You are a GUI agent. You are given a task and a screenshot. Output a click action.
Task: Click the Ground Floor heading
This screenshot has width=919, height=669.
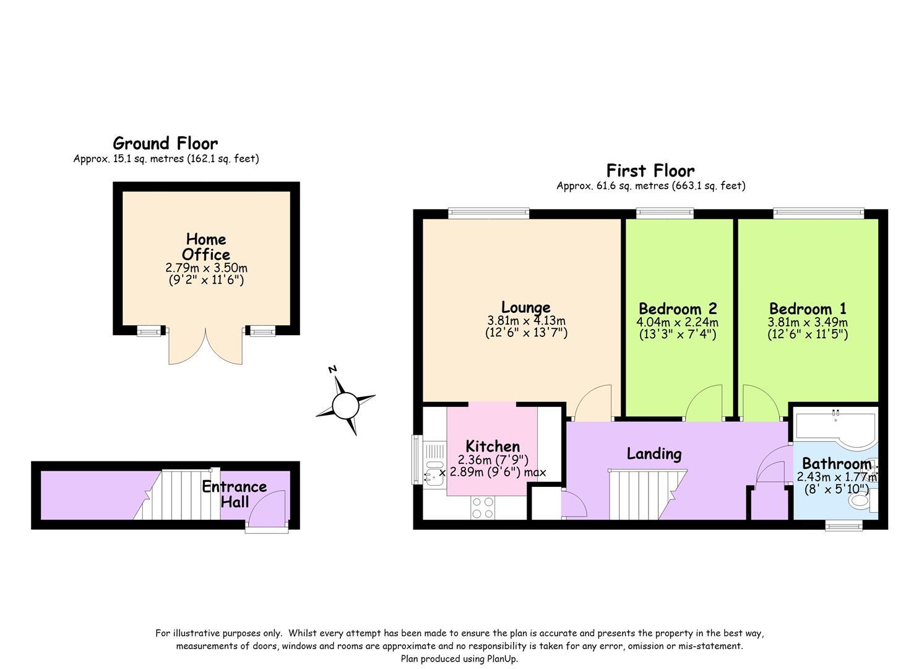click(165, 143)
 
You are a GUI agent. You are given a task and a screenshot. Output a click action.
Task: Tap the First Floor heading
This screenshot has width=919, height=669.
click(650, 170)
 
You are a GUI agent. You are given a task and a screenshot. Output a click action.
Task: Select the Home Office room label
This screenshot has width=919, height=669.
click(206, 247)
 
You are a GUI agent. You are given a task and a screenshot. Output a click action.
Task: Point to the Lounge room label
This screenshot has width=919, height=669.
click(526, 308)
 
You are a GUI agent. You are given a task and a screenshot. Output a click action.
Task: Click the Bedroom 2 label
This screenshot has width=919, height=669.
click(678, 308)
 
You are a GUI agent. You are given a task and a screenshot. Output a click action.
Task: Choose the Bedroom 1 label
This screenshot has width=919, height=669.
click(808, 308)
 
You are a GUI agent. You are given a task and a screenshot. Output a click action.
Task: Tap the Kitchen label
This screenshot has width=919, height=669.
click(493, 446)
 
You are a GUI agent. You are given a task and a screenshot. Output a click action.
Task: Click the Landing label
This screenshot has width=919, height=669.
click(654, 454)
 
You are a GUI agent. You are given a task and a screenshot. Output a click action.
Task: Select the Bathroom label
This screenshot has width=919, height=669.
click(837, 463)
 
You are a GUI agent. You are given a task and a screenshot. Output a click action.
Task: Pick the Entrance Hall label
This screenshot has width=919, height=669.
click(235, 494)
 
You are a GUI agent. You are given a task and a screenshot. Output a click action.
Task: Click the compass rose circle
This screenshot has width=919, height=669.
click(345, 406)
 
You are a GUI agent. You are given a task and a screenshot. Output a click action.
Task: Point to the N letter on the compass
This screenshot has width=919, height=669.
click(333, 369)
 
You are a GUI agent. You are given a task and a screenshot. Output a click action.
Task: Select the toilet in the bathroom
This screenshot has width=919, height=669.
click(860, 501)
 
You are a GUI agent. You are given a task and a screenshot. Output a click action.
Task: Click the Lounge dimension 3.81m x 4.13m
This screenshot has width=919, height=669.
click(526, 320)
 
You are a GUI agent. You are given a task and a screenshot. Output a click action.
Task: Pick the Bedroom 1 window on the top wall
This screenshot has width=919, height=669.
click(819, 213)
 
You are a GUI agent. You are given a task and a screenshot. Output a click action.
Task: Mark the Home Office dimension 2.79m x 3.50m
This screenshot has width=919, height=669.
click(206, 268)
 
